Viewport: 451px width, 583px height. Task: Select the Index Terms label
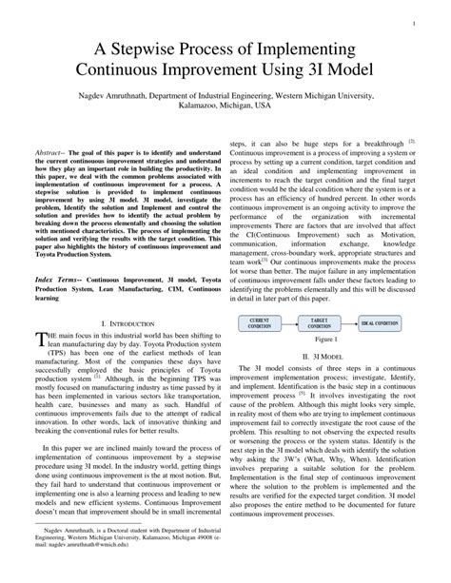coord(59,251)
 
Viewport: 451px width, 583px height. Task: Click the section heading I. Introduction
coord(118,297)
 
